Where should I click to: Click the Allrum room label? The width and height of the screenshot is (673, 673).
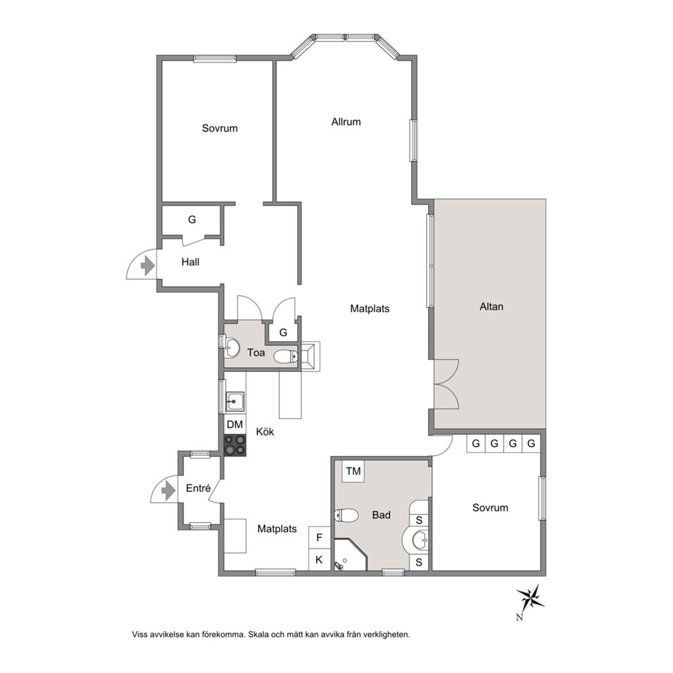click(x=346, y=122)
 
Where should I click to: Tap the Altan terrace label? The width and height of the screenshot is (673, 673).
click(x=491, y=307)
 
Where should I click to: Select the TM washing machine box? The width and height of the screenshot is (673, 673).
click(x=353, y=472)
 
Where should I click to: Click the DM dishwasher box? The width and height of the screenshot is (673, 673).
click(x=235, y=425)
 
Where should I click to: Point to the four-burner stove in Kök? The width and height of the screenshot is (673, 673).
click(x=235, y=445)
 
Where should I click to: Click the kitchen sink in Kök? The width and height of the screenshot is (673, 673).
click(x=234, y=402)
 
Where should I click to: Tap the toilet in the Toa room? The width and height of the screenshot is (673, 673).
click(x=286, y=356)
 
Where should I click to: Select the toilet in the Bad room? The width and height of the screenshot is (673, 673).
click(x=347, y=515)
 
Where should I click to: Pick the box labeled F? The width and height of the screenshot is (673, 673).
click(x=320, y=537)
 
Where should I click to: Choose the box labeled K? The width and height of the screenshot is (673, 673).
click(x=320, y=560)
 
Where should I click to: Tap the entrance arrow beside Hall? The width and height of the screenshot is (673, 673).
click(x=148, y=266)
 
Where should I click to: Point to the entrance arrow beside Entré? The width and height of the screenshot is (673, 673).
click(x=168, y=490)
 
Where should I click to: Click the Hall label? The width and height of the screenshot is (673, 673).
click(x=190, y=262)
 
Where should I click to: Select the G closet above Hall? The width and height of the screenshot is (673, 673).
click(x=192, y=220)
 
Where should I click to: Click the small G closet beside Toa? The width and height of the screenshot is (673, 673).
click(x=283, y=332)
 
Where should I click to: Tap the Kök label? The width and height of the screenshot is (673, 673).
click(x=265, y=431)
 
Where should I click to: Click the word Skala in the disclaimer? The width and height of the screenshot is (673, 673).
click(x=258, y=634)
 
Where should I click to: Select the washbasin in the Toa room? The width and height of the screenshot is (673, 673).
click(x=232, y=347)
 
